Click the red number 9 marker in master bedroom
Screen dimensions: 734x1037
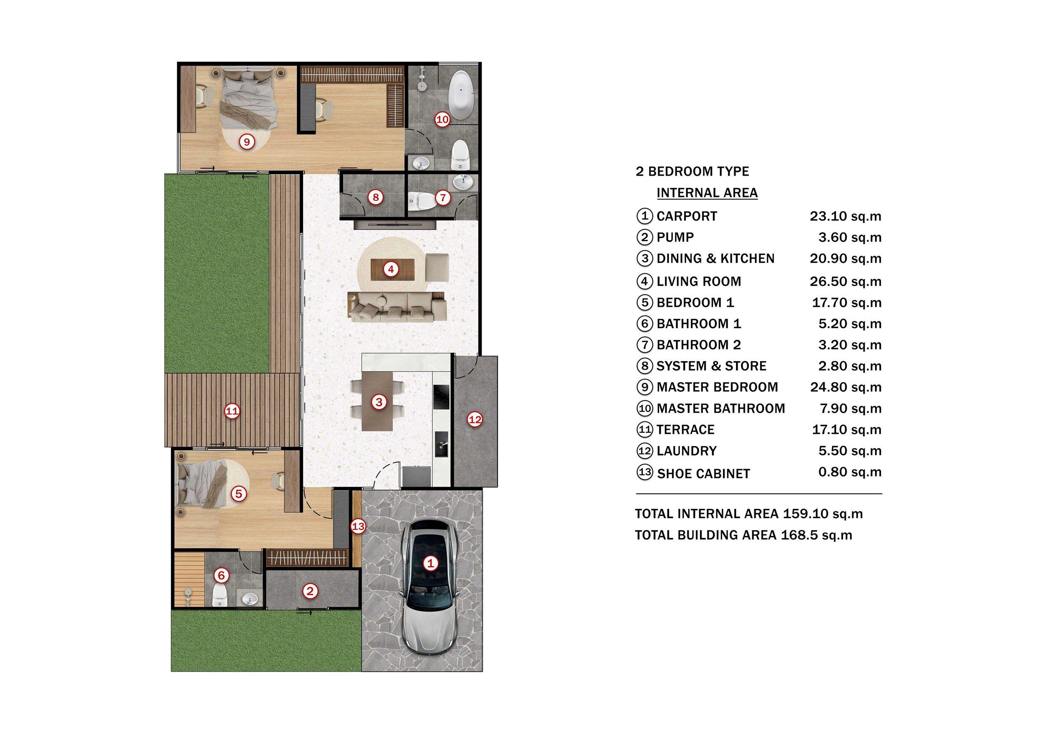246,142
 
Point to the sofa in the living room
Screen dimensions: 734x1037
396,307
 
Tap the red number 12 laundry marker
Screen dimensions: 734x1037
475,420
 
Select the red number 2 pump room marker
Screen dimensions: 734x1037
310,591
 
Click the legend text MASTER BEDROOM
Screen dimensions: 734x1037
717,388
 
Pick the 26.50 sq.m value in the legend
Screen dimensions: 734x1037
845,282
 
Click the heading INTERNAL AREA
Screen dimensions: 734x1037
707,193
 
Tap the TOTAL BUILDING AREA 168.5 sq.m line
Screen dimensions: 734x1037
743,535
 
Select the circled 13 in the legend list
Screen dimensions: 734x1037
644,472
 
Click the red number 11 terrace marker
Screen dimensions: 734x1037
232,411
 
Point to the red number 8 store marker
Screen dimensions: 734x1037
375,197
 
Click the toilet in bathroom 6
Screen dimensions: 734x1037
220,595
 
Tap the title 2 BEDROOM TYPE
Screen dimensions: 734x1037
692,172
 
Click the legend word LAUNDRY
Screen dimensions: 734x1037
686,451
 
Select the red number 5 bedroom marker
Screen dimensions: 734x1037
238,494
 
